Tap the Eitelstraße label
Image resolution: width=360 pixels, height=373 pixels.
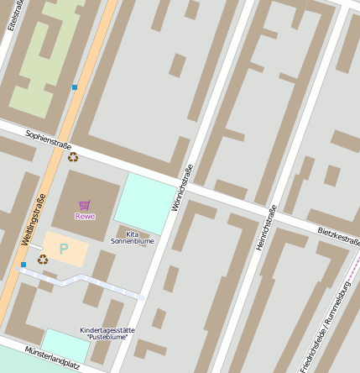[x=13, y=15]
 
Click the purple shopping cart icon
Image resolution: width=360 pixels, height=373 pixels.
[x=84, y=205]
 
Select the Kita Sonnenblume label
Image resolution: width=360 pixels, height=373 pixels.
[x=133, y=237]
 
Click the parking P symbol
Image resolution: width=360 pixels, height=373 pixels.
[x=63, y=249]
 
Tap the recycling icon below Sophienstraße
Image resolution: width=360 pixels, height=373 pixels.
[x=73, y=156]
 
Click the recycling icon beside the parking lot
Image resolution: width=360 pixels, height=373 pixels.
[x=42, y=260]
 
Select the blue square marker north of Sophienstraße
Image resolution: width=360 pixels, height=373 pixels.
[x=75, y=87]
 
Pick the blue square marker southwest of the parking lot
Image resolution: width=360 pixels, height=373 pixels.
[x=23, y=265]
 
